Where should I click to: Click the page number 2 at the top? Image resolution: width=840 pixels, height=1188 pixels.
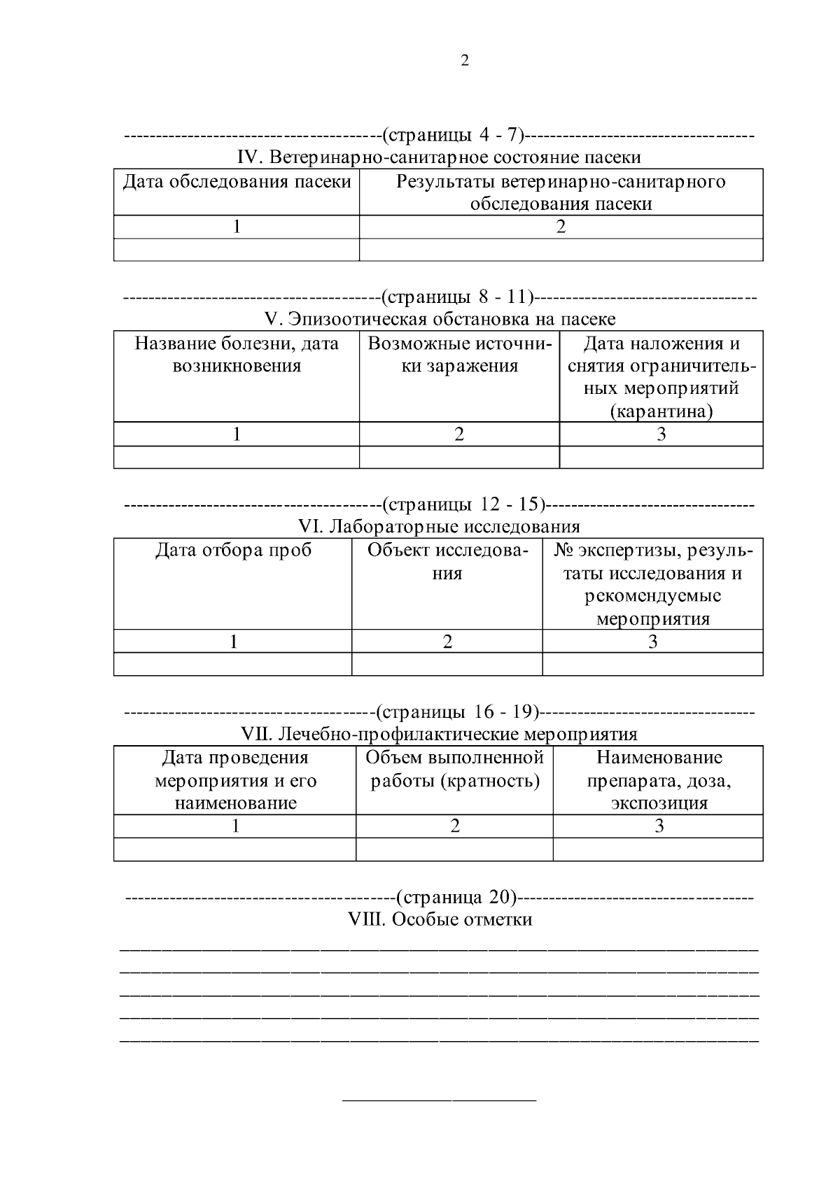pos(465,61)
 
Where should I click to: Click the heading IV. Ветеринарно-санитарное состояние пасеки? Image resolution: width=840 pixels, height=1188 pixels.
pos(439,157)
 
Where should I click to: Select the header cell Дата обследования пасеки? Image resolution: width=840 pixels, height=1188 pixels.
pos(237,182)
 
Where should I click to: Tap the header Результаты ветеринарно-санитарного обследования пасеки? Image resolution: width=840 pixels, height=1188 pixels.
pos(561,192)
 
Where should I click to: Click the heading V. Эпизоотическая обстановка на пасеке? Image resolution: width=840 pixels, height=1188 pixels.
pos(440,319)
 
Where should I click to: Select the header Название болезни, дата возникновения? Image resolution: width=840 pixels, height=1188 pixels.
pos(237,355)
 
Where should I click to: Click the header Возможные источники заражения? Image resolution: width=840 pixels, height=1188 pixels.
pos(459,355)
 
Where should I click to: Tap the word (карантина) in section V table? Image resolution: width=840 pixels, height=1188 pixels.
pos(661,411)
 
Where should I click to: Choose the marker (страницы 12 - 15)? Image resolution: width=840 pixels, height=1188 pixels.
pos(463,504)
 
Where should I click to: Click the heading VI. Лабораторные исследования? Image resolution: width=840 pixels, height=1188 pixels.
pos(439,526)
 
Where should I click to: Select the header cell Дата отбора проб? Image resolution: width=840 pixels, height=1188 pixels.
pos(233,551)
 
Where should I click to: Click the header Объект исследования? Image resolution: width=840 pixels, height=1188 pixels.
pos(447,562)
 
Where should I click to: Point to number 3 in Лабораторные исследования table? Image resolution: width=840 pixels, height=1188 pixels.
pos(652,641)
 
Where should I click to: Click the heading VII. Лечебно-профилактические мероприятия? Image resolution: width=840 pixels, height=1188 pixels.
pos(439,734)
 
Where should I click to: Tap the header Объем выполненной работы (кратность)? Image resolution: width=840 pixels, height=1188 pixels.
pos(455,769)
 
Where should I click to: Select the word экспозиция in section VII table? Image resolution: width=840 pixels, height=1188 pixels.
pos(659,802)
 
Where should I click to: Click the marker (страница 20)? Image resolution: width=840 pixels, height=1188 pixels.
pos(456,896)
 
